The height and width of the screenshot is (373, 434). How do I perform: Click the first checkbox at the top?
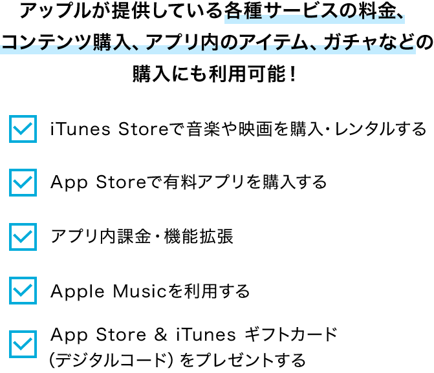tap(23, 129)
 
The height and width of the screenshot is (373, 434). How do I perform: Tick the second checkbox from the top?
tap(23, 182)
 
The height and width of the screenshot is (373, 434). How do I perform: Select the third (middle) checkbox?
tap(23, 237)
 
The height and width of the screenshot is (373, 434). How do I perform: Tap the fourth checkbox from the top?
tap(23, 290)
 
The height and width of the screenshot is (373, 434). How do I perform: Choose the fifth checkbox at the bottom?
tap(23, 344)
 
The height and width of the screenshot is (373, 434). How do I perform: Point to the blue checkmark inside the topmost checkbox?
tap(23, 129)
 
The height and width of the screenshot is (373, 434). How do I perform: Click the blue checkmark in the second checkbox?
tap(23, 183)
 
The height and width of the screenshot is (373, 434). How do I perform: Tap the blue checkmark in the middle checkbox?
tap(23, 237)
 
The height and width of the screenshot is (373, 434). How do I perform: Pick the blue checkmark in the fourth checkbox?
tap(23, 291)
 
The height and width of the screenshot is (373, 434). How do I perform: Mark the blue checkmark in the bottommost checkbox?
tap(23, 345)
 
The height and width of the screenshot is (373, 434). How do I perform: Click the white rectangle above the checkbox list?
tap(291, 101)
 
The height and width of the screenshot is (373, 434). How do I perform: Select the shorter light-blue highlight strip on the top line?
tap(314, 18)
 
